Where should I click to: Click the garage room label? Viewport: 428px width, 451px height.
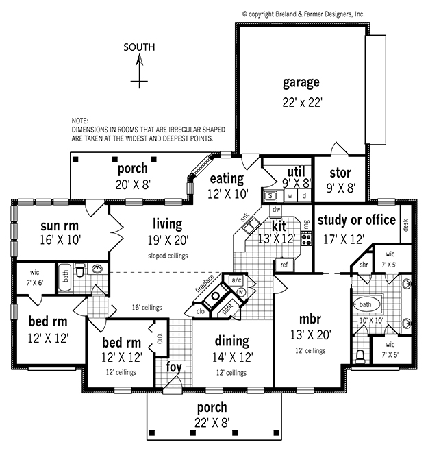(301, 83)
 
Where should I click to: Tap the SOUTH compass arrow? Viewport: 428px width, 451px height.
(140, 71)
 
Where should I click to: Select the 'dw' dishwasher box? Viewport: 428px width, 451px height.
(276, 210)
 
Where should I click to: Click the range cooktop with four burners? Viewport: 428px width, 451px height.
(306, 239)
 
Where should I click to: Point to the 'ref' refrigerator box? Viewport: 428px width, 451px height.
(284, 265)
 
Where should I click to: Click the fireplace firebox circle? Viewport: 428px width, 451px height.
(215, 295)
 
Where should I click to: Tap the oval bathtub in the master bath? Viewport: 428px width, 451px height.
(366, 304)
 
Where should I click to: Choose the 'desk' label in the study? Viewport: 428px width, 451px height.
(405, 225)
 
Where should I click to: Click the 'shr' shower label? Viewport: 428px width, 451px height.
(364, 265)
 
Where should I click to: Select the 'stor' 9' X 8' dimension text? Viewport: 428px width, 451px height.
(341, 188)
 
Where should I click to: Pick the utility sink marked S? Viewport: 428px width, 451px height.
(270, 196)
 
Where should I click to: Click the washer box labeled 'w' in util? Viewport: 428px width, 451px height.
(290, 196)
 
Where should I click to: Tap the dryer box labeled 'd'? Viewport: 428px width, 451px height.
(304, 196)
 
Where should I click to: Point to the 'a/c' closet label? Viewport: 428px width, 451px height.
(237, 280)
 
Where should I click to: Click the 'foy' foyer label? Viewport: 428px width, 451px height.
(174, 367)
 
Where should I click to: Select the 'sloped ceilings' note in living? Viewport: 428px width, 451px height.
(168, 256)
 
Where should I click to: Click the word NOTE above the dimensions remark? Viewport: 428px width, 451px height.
(80, 121)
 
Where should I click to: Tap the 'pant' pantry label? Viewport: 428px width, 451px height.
(228, 309)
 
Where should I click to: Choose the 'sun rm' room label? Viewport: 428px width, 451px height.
(60, 225)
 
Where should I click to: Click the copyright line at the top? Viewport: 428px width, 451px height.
(303, 14)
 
